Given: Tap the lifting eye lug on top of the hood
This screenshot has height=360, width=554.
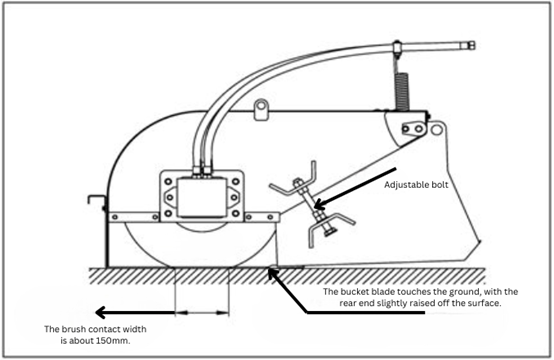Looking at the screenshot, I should point(263,107).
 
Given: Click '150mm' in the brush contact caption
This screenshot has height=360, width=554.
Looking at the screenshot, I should point(108,339).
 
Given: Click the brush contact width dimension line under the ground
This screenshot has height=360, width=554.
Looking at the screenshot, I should point(203,313).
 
